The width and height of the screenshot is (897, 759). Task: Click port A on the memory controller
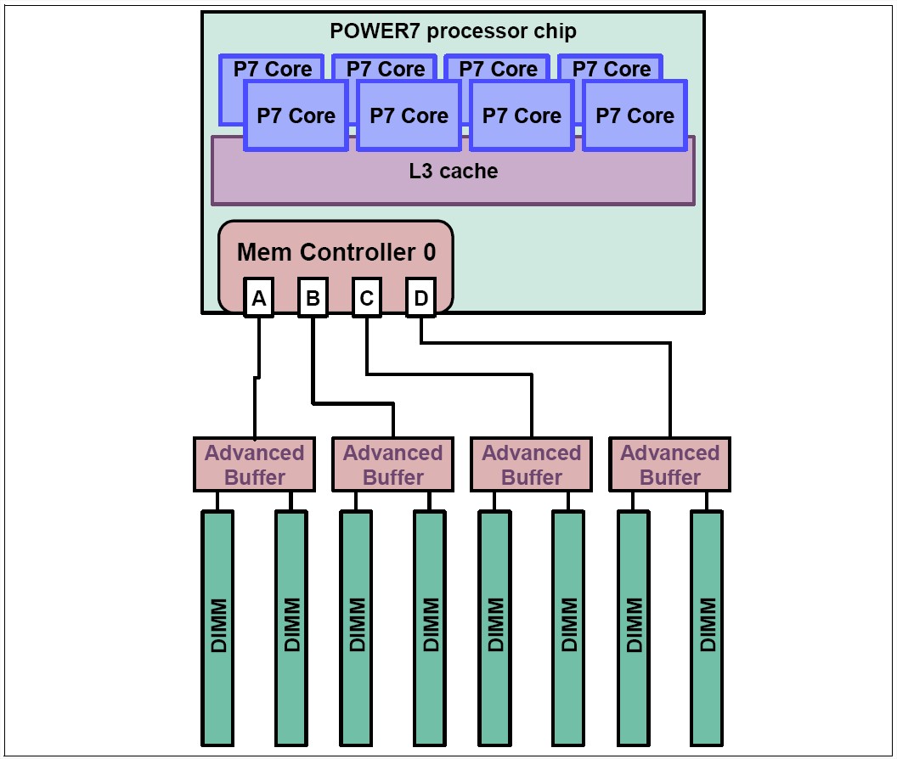(259, 299)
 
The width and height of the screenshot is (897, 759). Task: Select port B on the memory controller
(313, 299)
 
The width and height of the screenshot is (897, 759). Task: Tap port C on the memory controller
(366, 299)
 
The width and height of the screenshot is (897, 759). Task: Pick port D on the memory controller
(420, 299)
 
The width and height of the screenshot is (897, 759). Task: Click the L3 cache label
(453, 171)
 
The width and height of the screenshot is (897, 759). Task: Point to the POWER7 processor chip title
(453, 32)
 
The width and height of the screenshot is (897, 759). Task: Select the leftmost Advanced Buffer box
(254, 464)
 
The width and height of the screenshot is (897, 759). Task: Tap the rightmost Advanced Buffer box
(670, 464)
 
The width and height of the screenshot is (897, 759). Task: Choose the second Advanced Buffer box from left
(393, 464)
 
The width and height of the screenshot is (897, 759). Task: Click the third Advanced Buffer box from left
(532, 464)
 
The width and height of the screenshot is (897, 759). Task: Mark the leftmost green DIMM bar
(217, 627)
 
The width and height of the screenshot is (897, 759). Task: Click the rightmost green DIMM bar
(706, 627)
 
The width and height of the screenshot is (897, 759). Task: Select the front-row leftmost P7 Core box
(296, 115)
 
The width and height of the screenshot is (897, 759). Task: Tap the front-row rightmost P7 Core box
(635, 115)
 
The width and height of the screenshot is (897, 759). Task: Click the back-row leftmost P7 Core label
(273, 69)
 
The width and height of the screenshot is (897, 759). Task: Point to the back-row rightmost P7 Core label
(612, 69)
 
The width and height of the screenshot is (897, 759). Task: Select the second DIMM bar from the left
(291, 627)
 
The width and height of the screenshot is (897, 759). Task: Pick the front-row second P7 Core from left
(409, 115)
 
